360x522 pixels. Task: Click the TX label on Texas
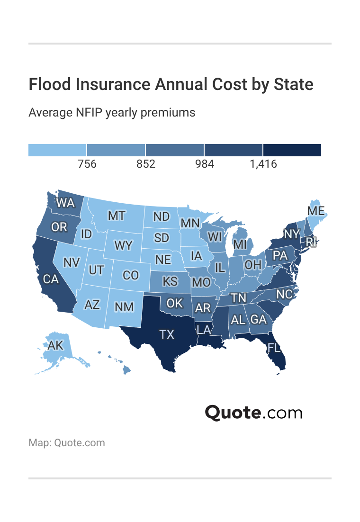point(167,334)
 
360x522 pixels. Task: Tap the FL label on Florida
point(274,348)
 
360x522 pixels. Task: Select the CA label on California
point(51,279)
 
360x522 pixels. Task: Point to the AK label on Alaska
point(55,345)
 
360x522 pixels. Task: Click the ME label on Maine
point(315,211)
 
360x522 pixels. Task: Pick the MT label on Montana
point(117,216)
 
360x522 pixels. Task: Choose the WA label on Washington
point(65,203)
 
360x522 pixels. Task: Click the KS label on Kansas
point(170,281)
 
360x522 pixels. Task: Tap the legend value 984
point(205,164)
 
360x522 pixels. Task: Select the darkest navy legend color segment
point(292,150)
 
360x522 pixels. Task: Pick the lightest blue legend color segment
point(57,150)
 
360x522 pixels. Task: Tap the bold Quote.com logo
point(253,413)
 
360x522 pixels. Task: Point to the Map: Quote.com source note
point(67,443)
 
